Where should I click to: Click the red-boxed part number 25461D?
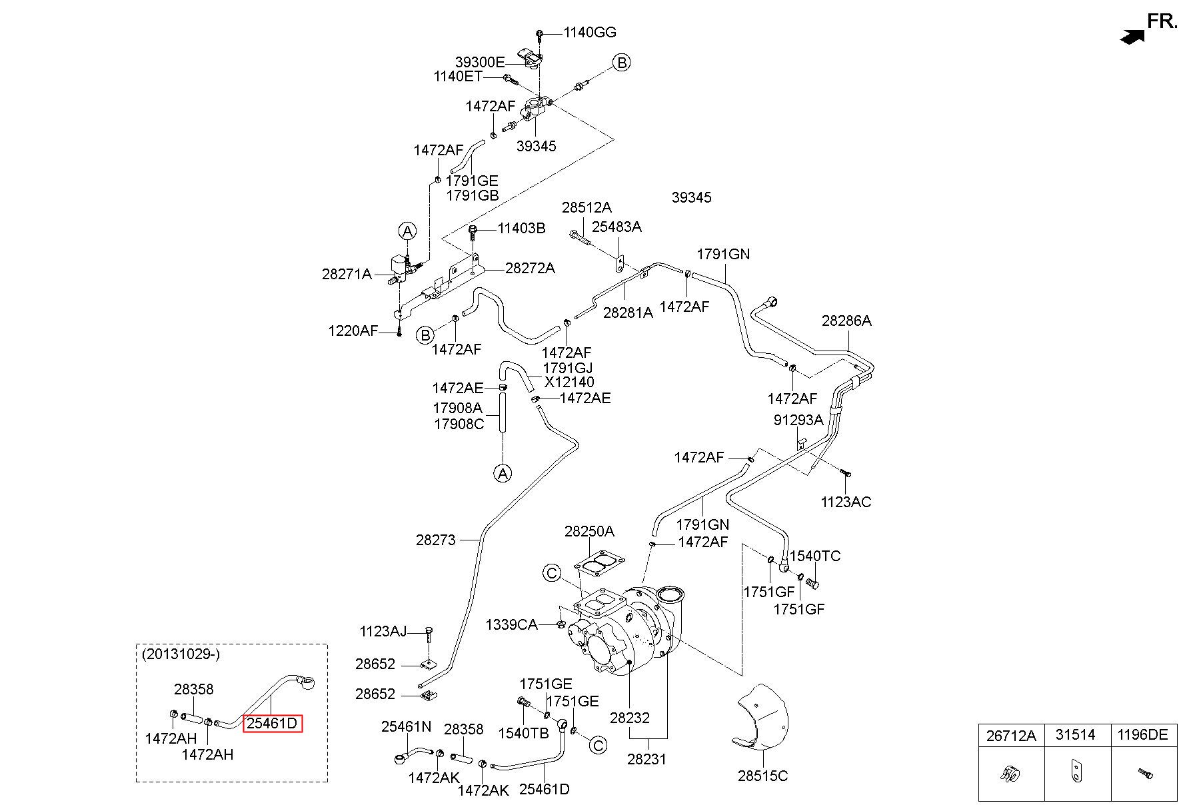point(273,723)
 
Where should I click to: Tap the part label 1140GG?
point(590,32)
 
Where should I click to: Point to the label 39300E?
point(480,62)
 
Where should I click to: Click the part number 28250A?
point(589,532)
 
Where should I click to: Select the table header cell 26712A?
point(1011,735)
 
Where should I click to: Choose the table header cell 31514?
point(1075,735)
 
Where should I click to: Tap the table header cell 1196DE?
point(1142,735)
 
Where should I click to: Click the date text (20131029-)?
point(181,654)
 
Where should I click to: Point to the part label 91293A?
point(798,420)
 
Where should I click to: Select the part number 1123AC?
point(846,502)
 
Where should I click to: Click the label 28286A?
point(846,321)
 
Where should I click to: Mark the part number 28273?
point(436,540)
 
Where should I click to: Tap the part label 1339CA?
point(511,624)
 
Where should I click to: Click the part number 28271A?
point(347,273)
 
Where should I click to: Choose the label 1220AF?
point(353,331)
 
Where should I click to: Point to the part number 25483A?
point(617,227)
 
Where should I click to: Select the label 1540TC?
point(815,556)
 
